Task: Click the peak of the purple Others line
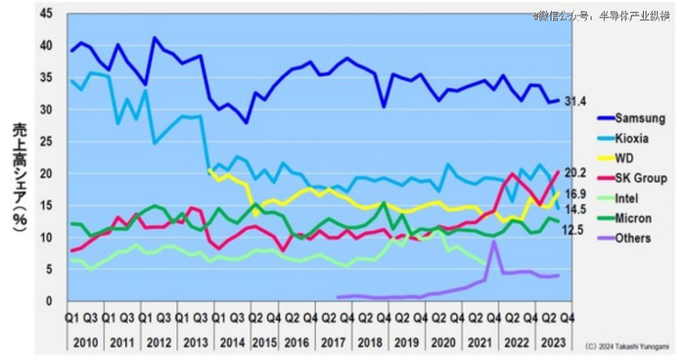493,243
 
